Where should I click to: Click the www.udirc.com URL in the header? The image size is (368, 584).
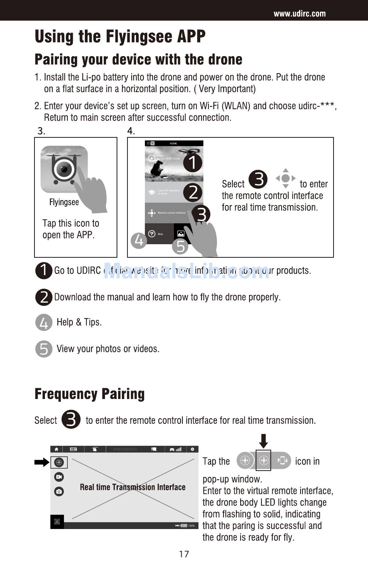coord(299,14)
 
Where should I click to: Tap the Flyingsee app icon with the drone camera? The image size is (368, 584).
coord(64,169)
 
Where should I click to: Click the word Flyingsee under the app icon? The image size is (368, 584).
coord(64,202)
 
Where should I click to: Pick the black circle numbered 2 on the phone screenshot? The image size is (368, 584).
coord(193,192)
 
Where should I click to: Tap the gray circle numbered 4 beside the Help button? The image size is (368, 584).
coord(139,240)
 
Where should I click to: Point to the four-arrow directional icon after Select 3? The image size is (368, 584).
coord(285,178)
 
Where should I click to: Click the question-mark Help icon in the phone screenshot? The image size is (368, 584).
coord(152,234)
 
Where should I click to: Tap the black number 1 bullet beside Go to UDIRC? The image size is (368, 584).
coord(44,271)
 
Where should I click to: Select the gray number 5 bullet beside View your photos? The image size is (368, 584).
coord(44,349)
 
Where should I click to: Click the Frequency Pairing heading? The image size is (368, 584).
coord(89,394)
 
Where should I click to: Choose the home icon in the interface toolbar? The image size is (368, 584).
coord(57,449)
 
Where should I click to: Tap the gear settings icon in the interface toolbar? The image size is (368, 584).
coord(192,449)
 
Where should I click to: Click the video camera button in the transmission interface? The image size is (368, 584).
coord(59,477)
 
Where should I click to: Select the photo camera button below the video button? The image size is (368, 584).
coord(59,492)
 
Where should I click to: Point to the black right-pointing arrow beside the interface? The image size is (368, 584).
coord(41,462)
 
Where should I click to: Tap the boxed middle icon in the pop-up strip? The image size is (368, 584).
coord(263,461)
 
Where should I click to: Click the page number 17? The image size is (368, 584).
coord(184,554)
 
